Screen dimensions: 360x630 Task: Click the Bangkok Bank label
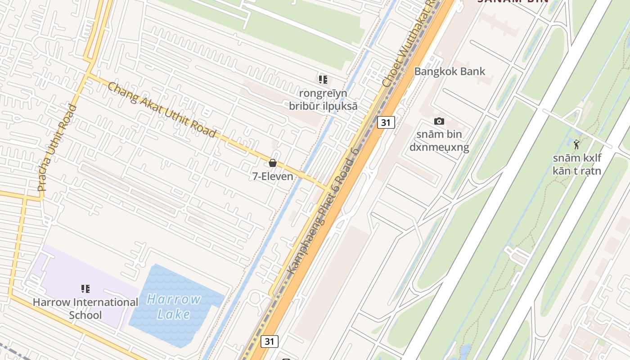coord(450,71)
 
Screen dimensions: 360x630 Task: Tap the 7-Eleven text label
coord(273,176)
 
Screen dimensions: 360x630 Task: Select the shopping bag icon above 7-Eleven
coord(273,163)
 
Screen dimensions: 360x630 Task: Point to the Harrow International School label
coord(85,308)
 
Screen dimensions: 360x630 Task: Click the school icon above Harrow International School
coord(85,289)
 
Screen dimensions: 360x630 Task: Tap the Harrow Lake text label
coord(174,306)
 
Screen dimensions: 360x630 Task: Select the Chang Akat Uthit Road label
coord(162,109)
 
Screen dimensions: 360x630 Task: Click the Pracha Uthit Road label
coord(57,148)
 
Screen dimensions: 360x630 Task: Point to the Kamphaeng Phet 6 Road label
coord(323,211)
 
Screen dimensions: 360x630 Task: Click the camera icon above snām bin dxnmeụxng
coord(439,121)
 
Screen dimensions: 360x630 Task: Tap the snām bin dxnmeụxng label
coord(439,140)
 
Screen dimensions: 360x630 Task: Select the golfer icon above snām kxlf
coord(577,144)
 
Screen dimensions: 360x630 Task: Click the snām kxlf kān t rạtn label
coord(577,164)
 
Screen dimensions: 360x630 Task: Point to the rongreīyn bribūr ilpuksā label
coord(323,99)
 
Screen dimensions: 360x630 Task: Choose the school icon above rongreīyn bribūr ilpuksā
coord(323,80)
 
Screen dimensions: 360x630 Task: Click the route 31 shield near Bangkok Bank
coord(386,122)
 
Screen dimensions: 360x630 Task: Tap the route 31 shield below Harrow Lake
coord(269,341)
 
